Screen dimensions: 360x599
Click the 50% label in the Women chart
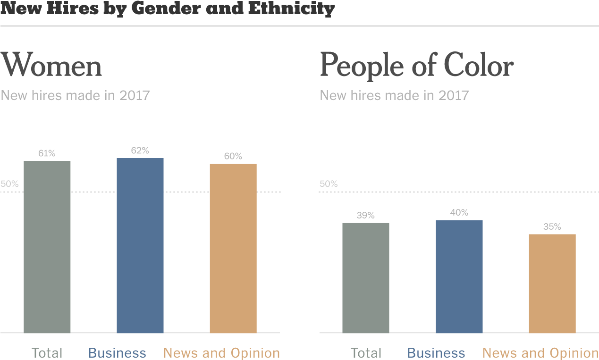point(9,184)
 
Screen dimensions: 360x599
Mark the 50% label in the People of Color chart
point(329,184)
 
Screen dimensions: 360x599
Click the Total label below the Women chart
point(47,353)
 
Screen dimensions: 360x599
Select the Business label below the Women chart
point(117,353)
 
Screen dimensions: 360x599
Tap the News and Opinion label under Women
point(222,353)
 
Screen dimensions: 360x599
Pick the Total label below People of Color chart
point(366,353)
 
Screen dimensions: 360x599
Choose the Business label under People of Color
point(436,353)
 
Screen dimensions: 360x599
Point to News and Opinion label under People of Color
point(540,353)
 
